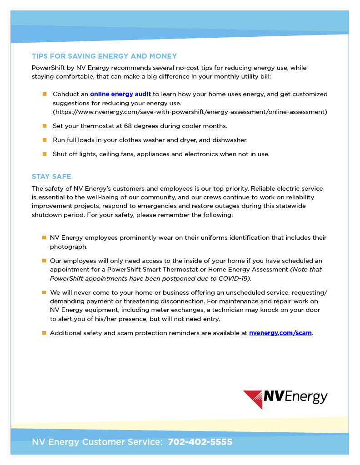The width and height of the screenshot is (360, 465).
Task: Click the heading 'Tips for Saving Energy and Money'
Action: (104, 56)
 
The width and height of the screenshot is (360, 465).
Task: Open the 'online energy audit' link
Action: (120, 94)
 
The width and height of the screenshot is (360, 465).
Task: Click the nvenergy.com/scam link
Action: (280, 333)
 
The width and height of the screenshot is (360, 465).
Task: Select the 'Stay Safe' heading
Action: (51, 177)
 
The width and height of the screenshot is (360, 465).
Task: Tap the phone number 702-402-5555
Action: (200, 442)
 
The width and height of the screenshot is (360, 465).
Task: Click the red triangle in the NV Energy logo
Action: (253, 399)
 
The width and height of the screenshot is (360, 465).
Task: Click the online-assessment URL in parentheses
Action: (190, 112)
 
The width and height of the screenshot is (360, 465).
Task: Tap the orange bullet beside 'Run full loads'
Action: (45, 140)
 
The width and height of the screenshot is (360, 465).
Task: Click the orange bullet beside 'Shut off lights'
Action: (45, 154)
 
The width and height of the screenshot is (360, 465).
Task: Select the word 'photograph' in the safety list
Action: (68, 247)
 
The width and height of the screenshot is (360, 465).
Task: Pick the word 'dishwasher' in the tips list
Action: (230, 140)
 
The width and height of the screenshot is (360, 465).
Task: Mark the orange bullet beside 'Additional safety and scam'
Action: (44, 333)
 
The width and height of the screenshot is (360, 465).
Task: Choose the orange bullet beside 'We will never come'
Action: (44, 292)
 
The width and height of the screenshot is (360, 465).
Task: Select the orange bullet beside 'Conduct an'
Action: (45, 94)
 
